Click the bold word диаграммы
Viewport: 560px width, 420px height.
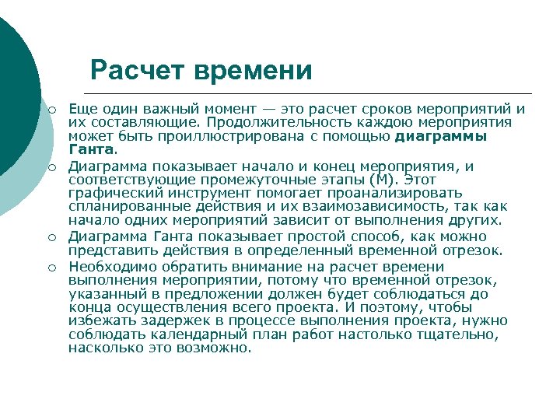[442, 136]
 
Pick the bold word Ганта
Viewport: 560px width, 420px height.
[91, 149]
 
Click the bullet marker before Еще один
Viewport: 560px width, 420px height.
[50, 109]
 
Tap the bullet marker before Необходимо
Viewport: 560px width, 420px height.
[50, 267]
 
